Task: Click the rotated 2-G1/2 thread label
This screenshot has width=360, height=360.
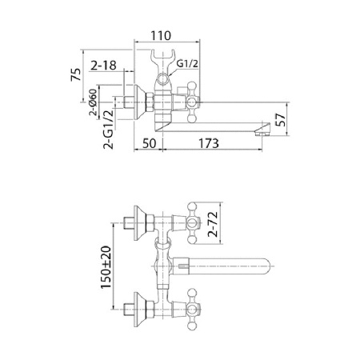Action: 94,130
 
